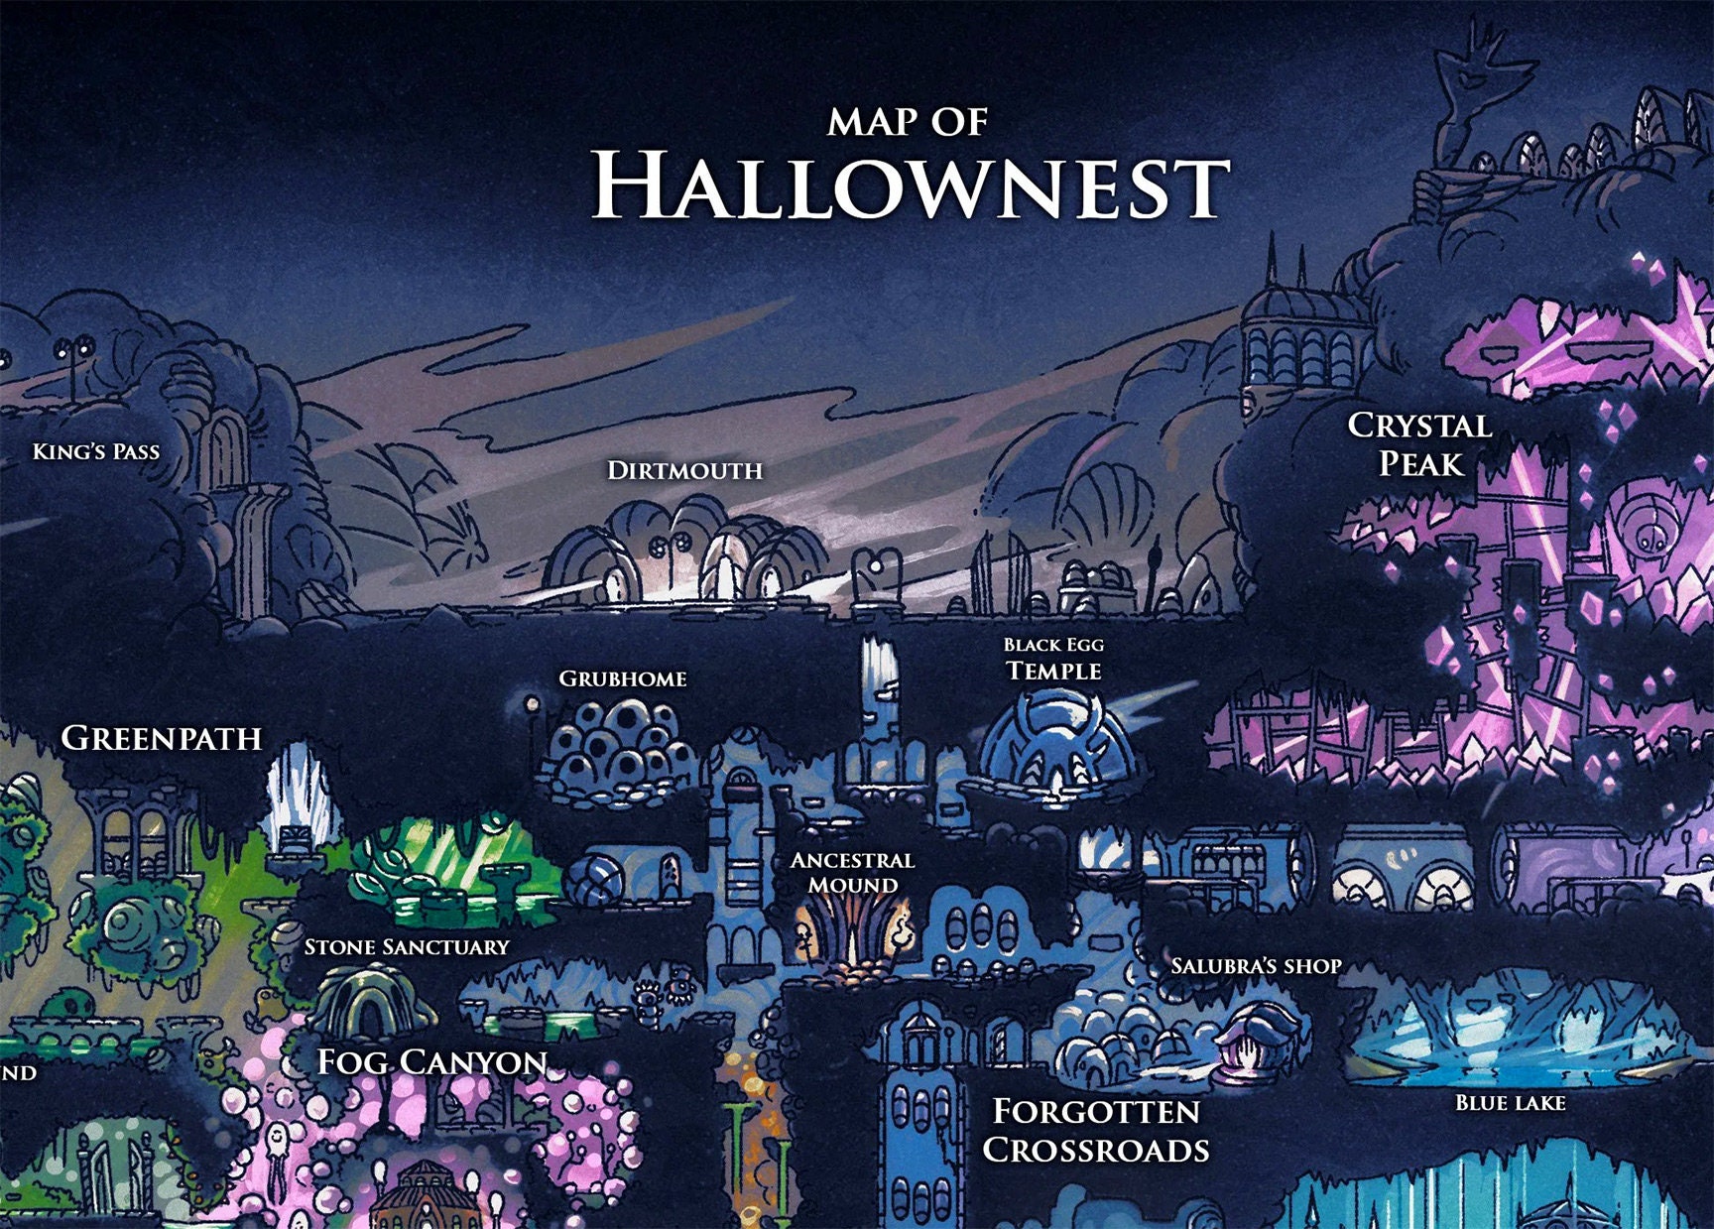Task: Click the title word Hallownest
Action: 910,185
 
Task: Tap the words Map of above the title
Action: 908,122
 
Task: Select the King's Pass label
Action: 96,451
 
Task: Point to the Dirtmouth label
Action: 684,470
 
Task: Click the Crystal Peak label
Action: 1420,443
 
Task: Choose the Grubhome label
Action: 623,678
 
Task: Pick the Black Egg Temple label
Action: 1053,660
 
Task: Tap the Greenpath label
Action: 162,738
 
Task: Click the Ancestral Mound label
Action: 852,873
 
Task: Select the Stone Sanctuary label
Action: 407,947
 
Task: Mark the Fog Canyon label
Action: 432,1062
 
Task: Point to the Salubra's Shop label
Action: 1256,966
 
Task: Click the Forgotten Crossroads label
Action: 1096,1130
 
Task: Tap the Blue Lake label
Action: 1510,1103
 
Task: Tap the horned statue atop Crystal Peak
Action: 1478,89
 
